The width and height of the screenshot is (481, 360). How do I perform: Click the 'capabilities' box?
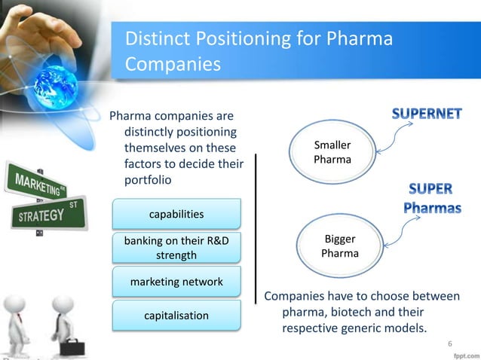176,215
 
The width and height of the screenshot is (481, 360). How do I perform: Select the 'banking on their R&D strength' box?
176,249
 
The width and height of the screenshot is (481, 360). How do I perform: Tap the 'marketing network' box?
176,282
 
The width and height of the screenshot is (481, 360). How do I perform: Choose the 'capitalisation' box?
176,315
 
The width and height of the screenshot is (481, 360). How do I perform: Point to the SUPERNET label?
427,115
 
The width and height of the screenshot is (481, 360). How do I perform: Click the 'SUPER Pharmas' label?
432,198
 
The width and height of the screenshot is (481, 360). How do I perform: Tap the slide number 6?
450,345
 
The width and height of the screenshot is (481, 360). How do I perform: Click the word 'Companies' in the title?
173,64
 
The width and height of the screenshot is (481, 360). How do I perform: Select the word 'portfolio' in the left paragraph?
148,180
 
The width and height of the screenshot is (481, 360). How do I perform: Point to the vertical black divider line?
256,226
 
